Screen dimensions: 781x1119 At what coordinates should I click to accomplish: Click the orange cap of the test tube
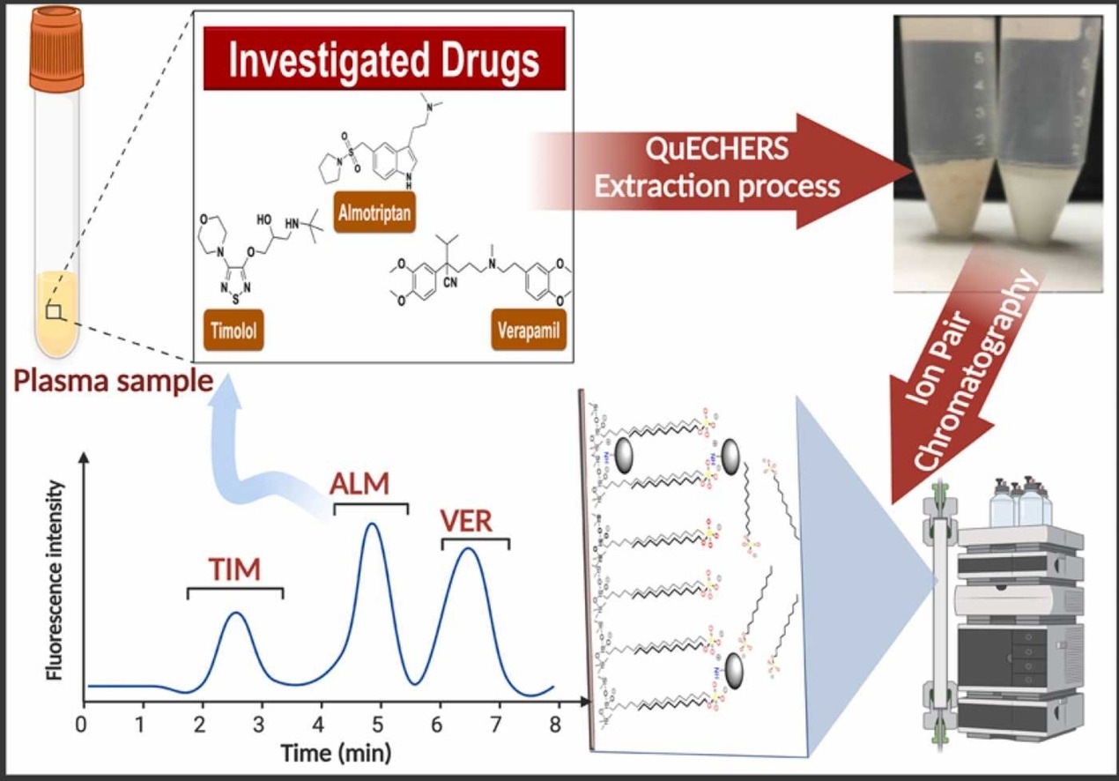tap(56, 48)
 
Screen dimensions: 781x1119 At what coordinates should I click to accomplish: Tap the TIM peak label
tap(234, 570)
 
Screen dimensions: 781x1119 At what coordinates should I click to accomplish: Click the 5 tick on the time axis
tap(377, 725)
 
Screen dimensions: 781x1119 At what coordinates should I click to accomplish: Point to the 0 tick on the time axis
tap(82, 725)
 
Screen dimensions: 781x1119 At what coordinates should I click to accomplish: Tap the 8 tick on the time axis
tap(554, 725)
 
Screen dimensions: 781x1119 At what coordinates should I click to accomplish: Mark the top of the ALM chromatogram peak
tap(373, 524)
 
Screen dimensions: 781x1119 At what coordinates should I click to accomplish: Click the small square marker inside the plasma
tap(55, 311)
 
